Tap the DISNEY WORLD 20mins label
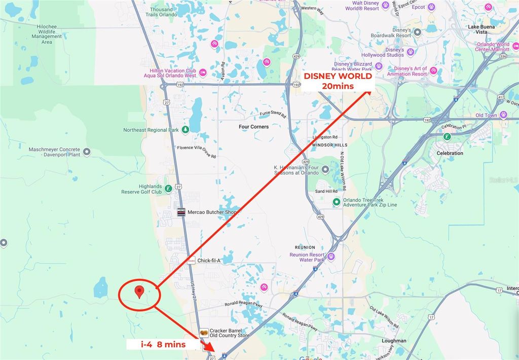(338, 81)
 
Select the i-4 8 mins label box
(163, 344)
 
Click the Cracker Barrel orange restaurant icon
(204, 333)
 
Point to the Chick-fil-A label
(209, 261)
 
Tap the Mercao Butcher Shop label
(212, 213)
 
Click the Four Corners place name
(253, 126)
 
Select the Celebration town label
(450, 153)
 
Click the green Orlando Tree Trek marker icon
(336, 202)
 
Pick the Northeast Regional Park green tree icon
(186, 130)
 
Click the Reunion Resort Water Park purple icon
(331, 256)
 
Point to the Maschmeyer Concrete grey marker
(87, 152)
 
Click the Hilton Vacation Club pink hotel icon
(203, 73)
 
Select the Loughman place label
(394, 341)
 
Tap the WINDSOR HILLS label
(324, 145)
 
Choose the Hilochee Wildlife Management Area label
(47, 34)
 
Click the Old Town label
(487, 116)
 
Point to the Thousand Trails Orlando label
(161, 12)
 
